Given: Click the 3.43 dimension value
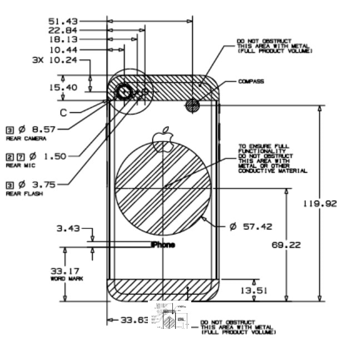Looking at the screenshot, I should [68, 228].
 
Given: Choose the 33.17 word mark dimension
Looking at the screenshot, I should [64, 271].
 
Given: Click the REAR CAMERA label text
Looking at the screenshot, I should [26, 138].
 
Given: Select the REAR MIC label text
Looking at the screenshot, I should [21, 166].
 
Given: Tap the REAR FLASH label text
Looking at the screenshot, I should [24, 194].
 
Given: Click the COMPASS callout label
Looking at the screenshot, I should [251, 82].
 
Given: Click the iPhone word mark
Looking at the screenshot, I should [163, 244].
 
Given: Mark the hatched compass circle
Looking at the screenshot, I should [192, 106].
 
